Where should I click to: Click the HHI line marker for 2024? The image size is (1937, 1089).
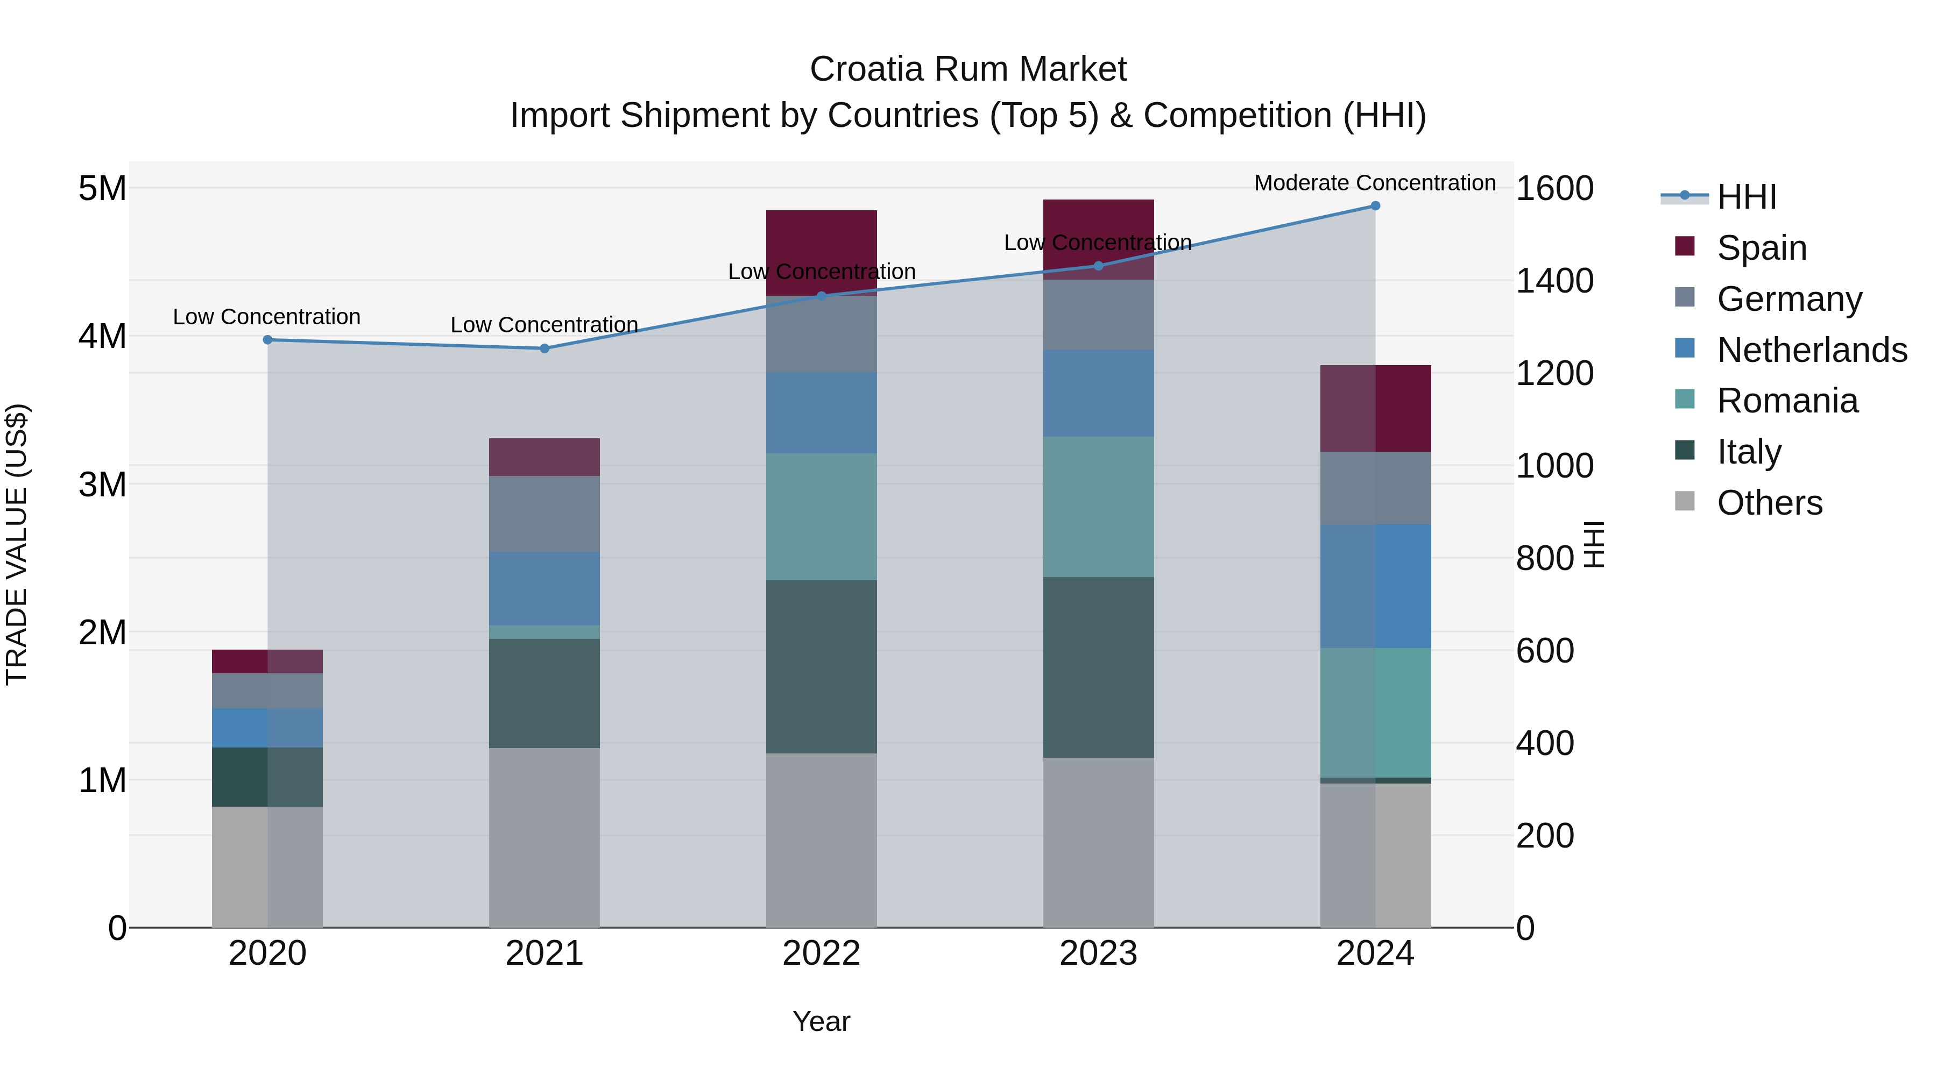pyautogui.click(x=1375, y=206)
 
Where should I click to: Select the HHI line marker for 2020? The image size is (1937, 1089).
pyautogui.click(x=268, y=340)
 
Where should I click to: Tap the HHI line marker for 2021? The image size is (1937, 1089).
pyautogui.click(x=545, y=348)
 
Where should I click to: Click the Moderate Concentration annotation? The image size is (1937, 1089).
pyautogui.click(x=1375, y=183)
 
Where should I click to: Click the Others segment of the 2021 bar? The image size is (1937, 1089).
pyautogui.click(x=545, y=837)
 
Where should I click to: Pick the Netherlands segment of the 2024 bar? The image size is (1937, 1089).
pyautogui.click(x=1375, y=586)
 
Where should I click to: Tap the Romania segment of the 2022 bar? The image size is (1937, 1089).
pyautogui.click(x=821, y=516)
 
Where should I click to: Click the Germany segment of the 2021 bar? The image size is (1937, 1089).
pyautogui.click(x=545, y=514)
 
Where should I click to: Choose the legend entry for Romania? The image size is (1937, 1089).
pyautogui.click(x=1786, y=401)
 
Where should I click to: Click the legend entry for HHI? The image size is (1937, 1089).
pyautogui.click(x=1746, y=197)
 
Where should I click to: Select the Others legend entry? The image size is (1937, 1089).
pyautogui.click(x=1769, y=503)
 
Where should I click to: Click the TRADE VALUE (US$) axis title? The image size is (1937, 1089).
pyautogui.click(x=17, y=544)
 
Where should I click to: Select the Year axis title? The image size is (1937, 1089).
pyautogui.click(x=821, y=1021)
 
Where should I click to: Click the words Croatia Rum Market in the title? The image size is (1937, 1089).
pyautogui.click(x=968, y=69)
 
